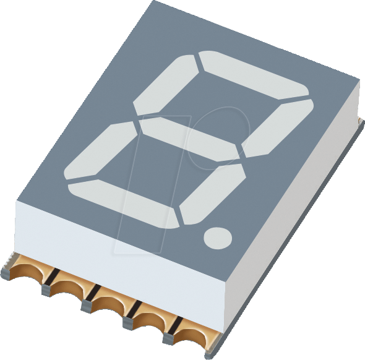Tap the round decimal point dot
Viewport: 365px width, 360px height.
click(218, 237)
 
